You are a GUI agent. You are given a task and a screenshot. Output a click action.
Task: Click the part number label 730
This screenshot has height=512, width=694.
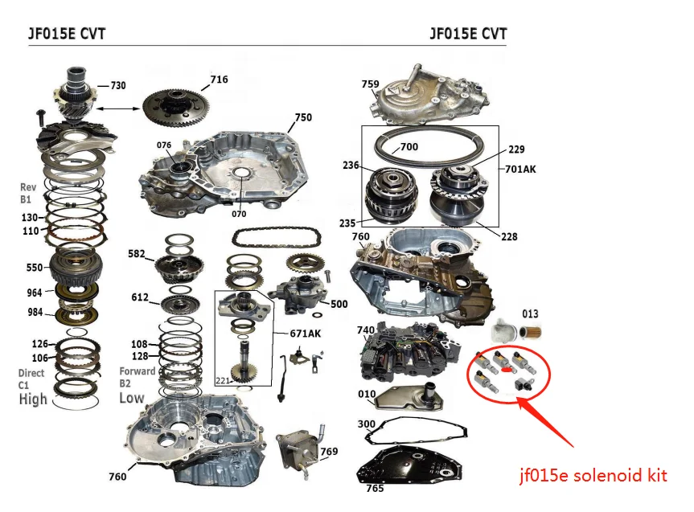pos(117,85)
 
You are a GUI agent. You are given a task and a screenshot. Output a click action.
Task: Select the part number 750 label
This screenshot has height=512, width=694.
pos(302,117)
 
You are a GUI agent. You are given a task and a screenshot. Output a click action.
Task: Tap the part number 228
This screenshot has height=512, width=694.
pos(509,236)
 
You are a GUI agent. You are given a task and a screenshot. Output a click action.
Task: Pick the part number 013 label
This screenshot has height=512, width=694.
pos(531,313)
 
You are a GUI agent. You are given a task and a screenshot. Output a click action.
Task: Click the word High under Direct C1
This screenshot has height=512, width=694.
pos(33,399)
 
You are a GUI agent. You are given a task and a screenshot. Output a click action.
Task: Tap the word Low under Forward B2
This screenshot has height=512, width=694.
pos(132,397)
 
